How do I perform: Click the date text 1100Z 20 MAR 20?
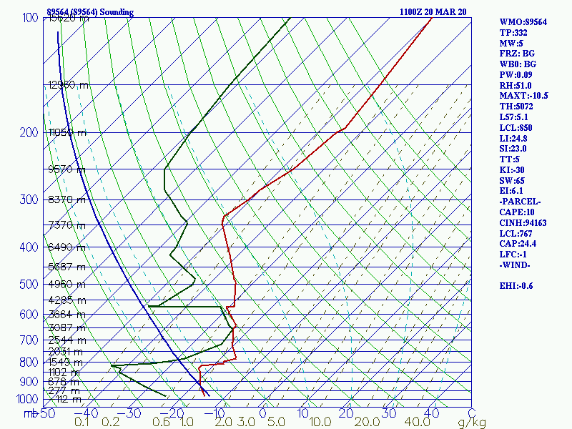[x=433, y=12]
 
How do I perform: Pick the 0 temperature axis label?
[x=262, y=413]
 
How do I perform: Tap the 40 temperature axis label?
[x=431, y=413]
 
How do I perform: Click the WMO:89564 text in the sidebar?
[x=523, y=22]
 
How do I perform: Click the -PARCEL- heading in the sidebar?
[x=521, y=202]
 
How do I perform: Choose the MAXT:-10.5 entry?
[x=524, y=96]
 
